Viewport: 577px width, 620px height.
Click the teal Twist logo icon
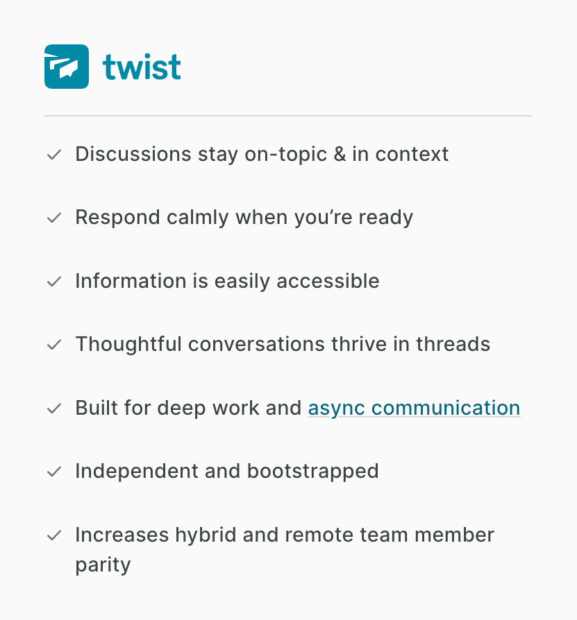(x=67, y=67)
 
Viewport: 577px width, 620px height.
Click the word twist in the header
(x=142, y=67)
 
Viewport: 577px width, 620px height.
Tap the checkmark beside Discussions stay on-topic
(x=53, y=155)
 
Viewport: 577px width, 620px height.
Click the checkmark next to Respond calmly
(x=53, y=218)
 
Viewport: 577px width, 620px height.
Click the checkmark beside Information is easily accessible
(x=53, y=282)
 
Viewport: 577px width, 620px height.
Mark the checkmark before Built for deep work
(x=53, y=408)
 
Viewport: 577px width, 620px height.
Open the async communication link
(x=414, y=408)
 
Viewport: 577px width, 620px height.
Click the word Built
(x=91, y=408)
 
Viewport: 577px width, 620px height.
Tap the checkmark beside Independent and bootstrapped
(x=53, y=472)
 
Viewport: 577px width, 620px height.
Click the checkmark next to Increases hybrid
(x=53, y=536)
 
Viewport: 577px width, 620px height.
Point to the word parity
(x=103, y=565)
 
